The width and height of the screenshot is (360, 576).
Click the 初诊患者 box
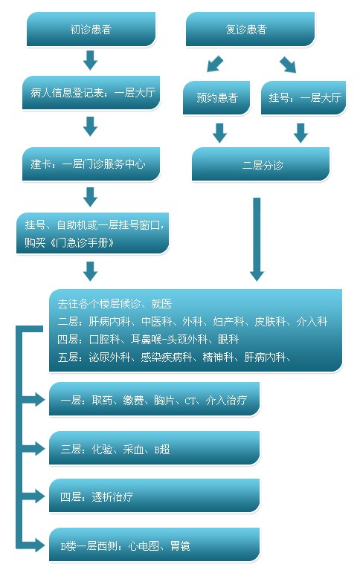pyautogui.click(x=91, y=29)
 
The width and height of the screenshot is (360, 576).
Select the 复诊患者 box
pyautogui.click(x=250, y=29)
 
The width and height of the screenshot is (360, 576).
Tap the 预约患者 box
pyautogui.click(x=216, y=97)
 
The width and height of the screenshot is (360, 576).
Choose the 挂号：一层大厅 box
pyautogui.click(x=303, y=97)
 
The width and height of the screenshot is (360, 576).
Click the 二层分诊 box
pyautogui.click(x=260, y=164)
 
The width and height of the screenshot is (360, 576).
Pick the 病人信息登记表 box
pyautogui.click(x=91, y=93)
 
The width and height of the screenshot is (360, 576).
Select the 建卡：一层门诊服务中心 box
pyautogui.click(x=91, y=164)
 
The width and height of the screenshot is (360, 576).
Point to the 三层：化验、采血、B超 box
pyautogui.click(x=155, y=448)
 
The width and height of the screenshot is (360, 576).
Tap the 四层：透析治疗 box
pyautogui.click(x=155, y=496)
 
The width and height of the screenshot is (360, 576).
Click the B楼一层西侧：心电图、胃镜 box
pyautogui.click(x=155, y=545)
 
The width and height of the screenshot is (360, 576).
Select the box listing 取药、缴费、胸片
pyautogui.click(x=155, y=399)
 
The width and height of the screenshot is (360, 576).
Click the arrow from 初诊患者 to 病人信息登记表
pyautogui.click(x=91, y=60)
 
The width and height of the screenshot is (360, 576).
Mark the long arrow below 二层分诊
pyautogui.click(x=257, y=239)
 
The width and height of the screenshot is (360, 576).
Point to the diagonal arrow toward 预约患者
pyautogui.click(x=215, y=64)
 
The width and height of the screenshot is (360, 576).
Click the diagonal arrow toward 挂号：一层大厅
pyautogui.click(x=288, y=64)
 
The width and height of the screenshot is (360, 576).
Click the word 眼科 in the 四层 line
pyautogui.click(x=228, y=340)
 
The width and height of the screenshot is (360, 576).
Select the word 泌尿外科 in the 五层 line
pyautogui.click(x=109, y=357)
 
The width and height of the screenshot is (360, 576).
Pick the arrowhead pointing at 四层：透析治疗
pyautogui.click(x=40, y=496)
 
